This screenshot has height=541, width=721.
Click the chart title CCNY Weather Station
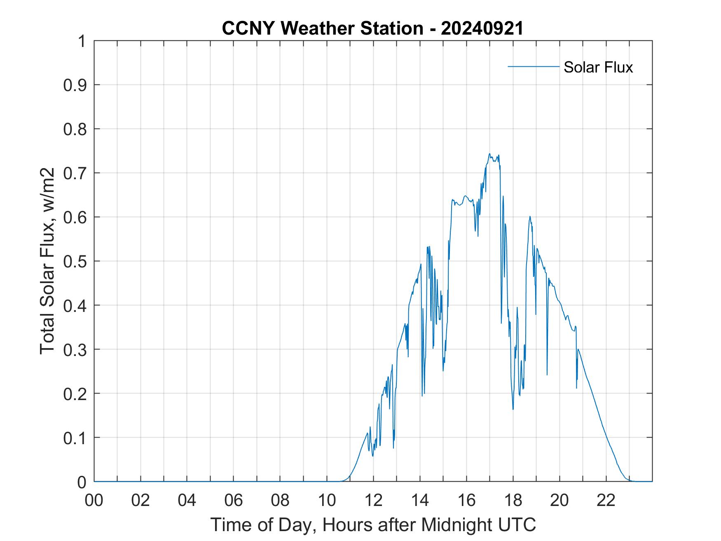tap(322, 28)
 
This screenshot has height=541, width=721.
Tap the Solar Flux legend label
tap(598, 67)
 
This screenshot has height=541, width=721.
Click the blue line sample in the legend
tap(533, 67)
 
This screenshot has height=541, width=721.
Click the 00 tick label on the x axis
tap(94, 500)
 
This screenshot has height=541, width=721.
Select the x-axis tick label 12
tap(373, 500)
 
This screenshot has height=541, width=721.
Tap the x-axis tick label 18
tap(513, 500)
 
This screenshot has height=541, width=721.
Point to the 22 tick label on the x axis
tap(606, 500)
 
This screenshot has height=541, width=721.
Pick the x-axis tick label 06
tap(234, 500)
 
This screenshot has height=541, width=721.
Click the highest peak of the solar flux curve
tap(489, 154)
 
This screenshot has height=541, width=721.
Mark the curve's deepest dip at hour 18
tap(513, 409)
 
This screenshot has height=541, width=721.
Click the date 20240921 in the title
tap(482, 28)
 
